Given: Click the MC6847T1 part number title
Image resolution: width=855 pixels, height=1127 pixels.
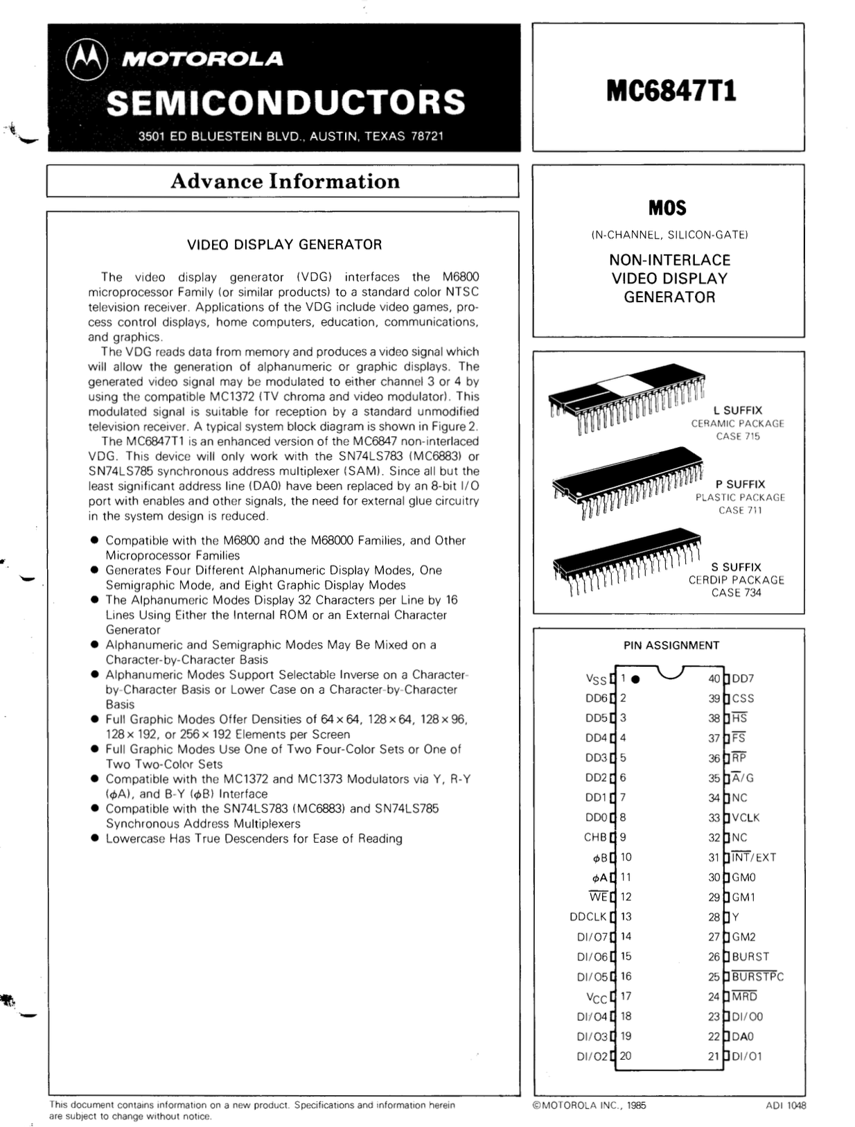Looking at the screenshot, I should point(671,91).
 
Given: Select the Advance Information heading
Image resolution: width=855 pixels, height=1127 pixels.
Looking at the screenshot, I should point(285,181).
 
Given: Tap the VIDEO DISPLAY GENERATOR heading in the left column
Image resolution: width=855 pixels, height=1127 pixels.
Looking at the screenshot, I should point(284,245).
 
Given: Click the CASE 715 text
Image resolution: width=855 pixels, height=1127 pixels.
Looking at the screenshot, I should point(738,437).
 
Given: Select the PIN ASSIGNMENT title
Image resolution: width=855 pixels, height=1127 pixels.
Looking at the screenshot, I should point(671,645).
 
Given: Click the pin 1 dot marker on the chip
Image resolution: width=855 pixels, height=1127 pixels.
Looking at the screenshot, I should point(636,679).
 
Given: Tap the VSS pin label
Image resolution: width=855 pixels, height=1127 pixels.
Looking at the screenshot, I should point(596,680).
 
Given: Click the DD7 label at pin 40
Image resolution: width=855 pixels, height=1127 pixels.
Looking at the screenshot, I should point(743,679).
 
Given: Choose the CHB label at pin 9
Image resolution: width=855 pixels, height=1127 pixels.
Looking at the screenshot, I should point(595,837).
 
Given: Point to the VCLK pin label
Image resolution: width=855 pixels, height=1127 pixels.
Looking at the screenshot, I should point(746,818).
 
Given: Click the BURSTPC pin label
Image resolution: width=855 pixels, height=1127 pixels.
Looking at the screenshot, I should point(757,977).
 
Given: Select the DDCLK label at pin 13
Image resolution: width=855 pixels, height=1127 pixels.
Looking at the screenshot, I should point(588,917).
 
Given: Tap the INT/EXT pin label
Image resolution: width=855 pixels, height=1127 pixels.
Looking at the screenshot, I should point(754,857).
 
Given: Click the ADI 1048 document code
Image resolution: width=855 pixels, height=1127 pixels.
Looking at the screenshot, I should point(786,1106).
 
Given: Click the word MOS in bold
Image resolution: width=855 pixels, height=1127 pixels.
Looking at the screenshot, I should point(667,208).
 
